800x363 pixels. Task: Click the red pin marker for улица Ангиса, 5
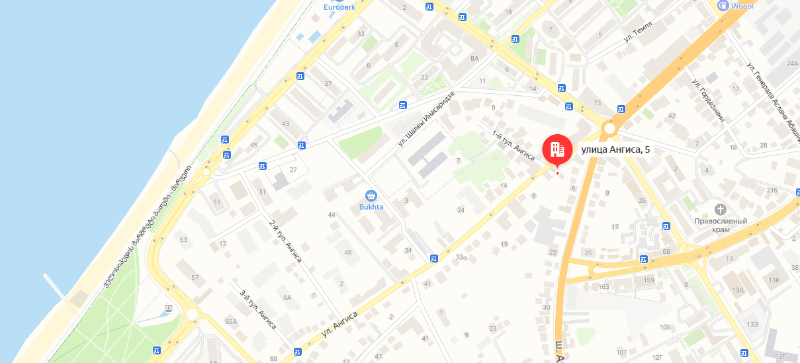(556, 149)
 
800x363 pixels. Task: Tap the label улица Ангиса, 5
(615, 149)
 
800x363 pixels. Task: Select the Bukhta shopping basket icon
(371, 195)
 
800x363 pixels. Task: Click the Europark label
(339, 7)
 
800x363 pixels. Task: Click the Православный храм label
(721, 225)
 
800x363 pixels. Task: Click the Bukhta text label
(371, 207)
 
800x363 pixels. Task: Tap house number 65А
(231, 321)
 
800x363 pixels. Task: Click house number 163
(603, 286)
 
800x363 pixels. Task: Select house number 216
(772, 190)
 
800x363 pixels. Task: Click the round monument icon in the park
(169, 307)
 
